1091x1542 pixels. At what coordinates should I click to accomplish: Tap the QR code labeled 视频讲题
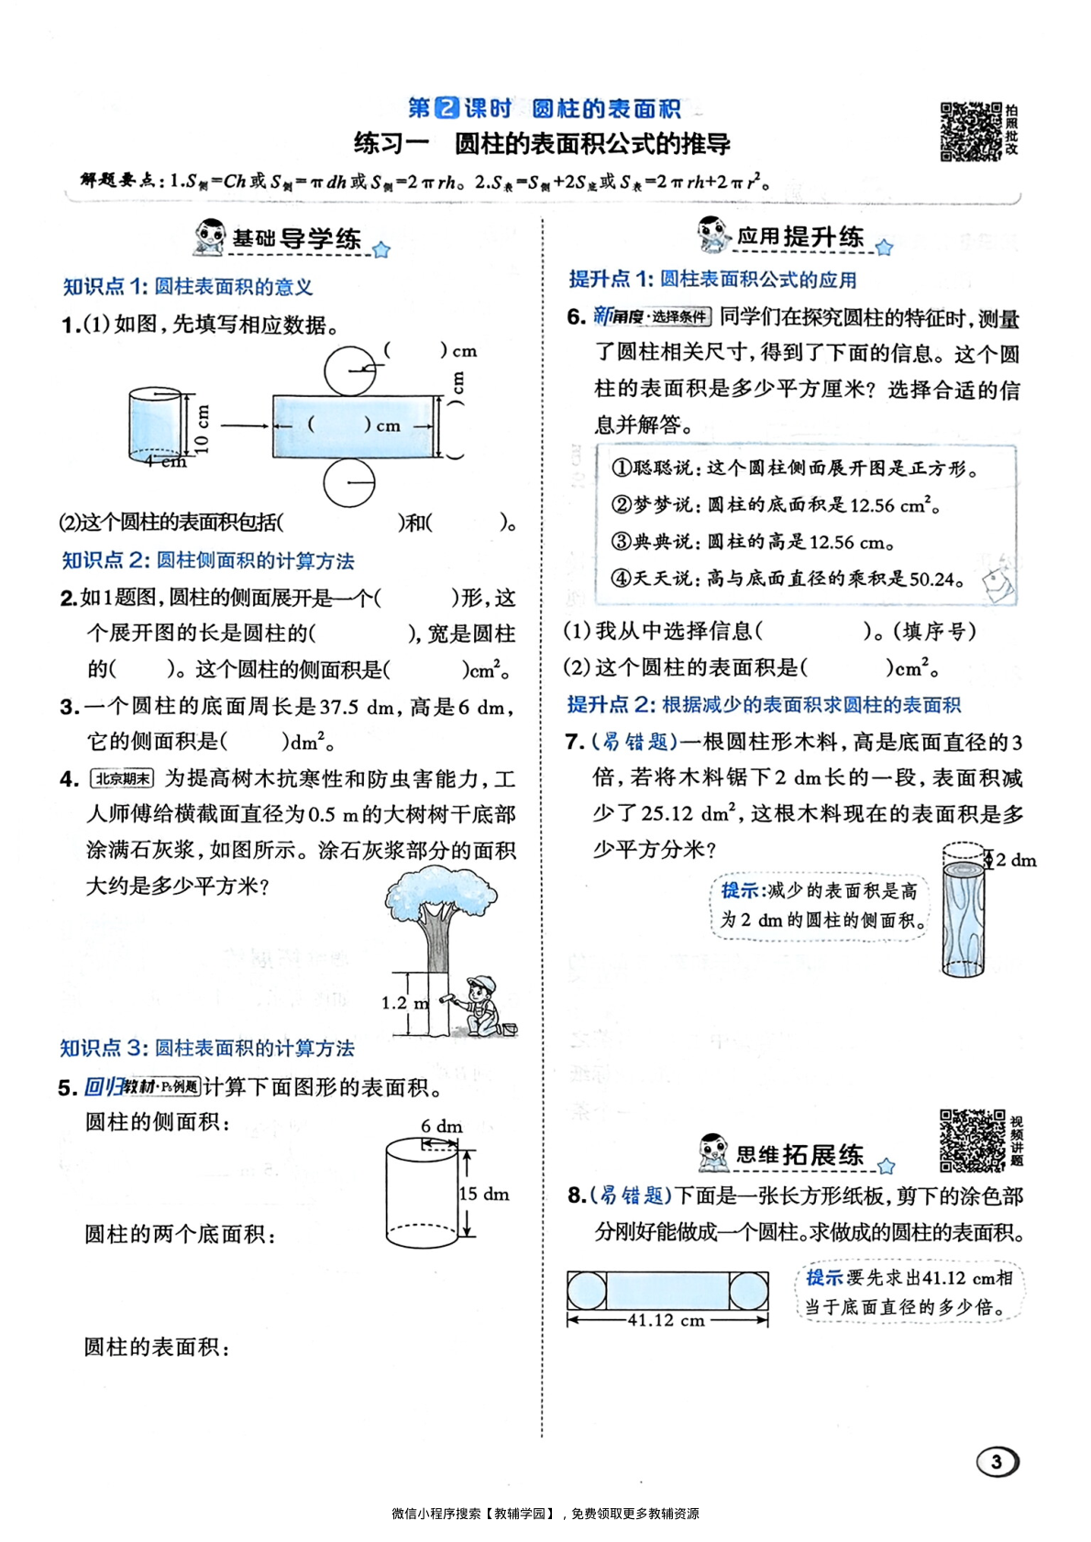point(971,1140)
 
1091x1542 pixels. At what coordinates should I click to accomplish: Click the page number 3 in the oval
point(997,1460)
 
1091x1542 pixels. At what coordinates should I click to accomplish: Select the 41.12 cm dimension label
point(667,1321)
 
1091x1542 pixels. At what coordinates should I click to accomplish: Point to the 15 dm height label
point(484,1194)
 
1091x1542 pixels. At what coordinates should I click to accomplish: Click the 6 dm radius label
point(442,1126)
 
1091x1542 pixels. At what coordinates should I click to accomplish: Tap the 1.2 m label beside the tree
point(404,1003)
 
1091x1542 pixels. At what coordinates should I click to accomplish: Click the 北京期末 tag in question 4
point(123,779)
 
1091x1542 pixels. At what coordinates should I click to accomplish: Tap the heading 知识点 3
point(207,1048)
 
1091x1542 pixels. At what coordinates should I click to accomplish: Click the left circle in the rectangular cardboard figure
point(587,1291)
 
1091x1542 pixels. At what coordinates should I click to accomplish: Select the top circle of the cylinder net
point(349,371)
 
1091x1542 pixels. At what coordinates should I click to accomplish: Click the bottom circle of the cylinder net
point(349,482)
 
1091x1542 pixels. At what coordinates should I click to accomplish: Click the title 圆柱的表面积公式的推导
point(592,144)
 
